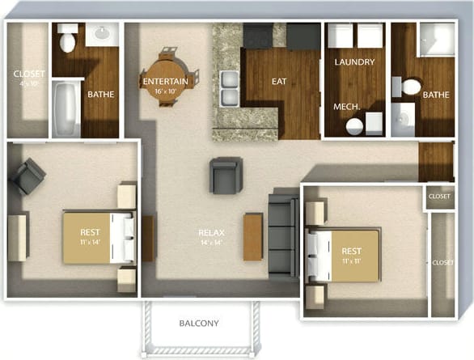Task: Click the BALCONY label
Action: pyautogui.click(x=199, y=324)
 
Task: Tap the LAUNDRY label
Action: pyautogui.click(x=353, y=61)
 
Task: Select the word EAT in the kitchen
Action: pyautogui.click(x=279, y=81)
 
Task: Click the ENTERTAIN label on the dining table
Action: pyautogui.click(x=165, y=82)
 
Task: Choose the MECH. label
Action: pyautogui.click(x=347, y=107)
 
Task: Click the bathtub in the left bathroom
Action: pyautogui.click(x=65, y=108)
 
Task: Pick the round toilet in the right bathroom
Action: pyautogui.click(x=412, y=87)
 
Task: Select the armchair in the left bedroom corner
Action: pyautogui.click(x=29, y=176)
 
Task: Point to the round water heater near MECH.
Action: pyautogui.click(x=353, y=126)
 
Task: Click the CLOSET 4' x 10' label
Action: pyautogui.click(x=29, y=78)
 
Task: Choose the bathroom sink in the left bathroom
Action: pyautogui.click(x=102, y=34)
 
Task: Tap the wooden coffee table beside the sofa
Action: pyautogui.click(x=253, y=235)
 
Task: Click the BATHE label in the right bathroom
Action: pyautogui.click(x=435, y=95)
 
